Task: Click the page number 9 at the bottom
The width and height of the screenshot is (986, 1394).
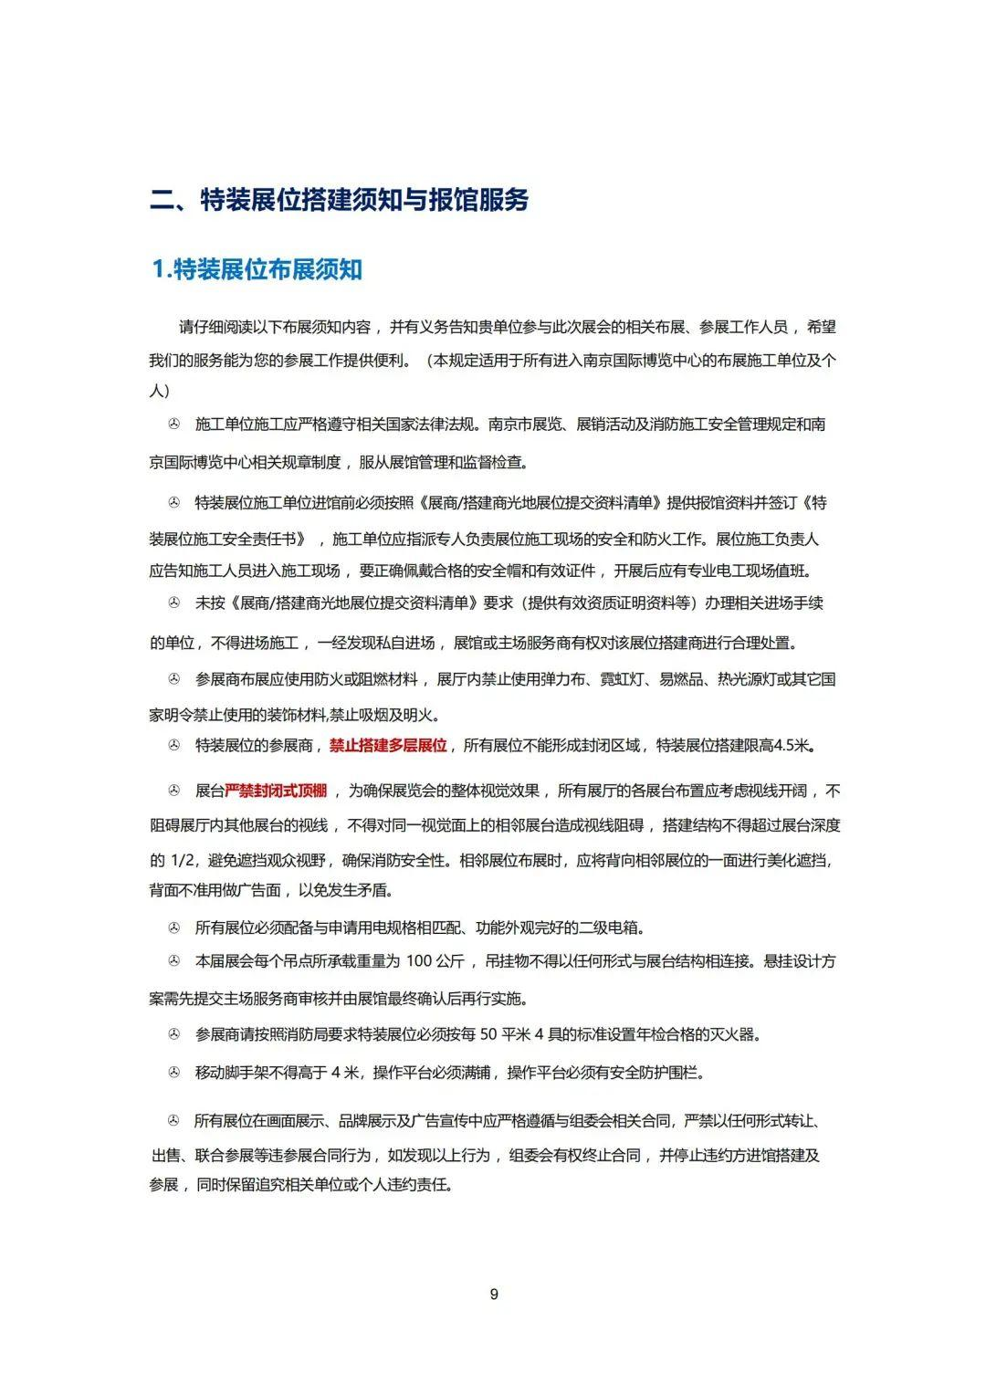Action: pos(494,1294)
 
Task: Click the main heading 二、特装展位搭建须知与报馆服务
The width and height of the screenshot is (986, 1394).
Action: pos(340,200)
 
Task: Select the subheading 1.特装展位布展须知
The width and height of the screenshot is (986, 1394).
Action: pos(257,269)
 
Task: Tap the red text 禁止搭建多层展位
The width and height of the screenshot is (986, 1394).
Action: pos(388,745)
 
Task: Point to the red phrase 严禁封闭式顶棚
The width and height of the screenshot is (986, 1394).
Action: pos(276,791)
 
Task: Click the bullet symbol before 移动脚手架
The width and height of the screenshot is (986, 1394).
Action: pos(173,1073)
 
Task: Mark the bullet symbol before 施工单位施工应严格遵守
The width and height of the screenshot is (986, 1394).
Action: pos(173,425)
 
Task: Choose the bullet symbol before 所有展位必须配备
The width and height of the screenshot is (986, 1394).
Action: pos(173,928)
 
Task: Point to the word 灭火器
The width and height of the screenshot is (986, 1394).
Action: pos(739,1034)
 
